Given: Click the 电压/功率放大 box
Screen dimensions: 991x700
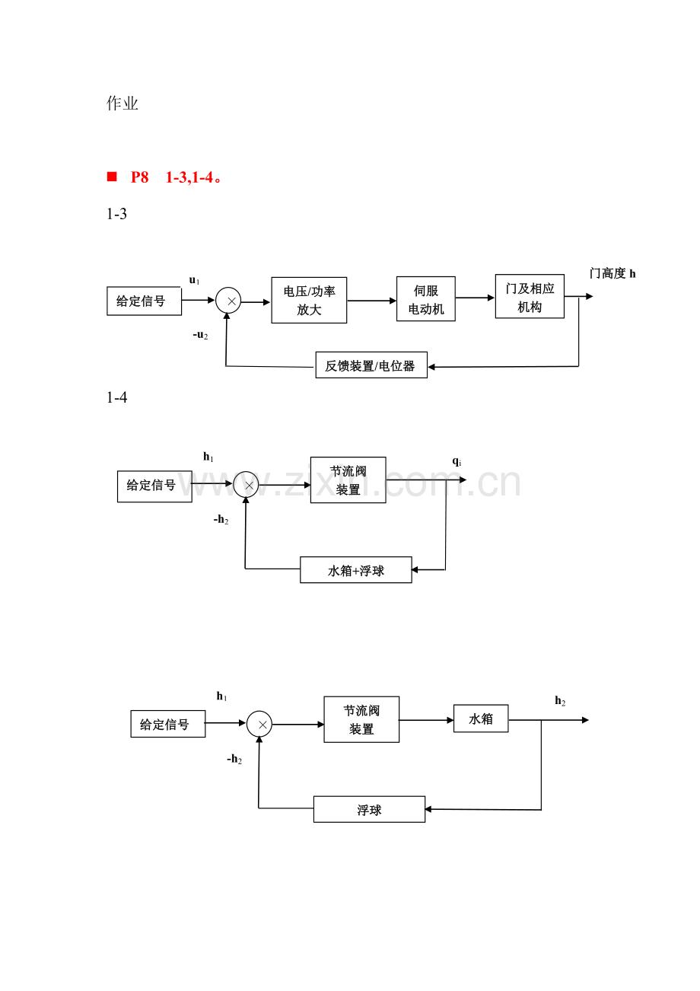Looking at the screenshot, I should pyautogui.click(x=309, y=300).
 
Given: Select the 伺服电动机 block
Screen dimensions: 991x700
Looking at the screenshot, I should pyautogui.click(x=425, y=298).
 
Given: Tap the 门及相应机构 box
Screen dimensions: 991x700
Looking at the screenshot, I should pyautogui.click(x=530, y=296).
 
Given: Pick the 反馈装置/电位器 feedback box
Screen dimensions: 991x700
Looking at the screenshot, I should pyautogui.click(x=371, y=365).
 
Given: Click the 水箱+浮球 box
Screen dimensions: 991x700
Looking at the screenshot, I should pyautogui.click(x=355, y=570).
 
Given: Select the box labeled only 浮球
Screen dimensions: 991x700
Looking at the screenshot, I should pyautogui.click(x=369, y=809).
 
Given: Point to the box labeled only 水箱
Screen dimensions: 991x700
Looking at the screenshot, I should pyautogui.click(x=481, y=718).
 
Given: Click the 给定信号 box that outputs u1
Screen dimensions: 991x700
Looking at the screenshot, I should pyautogui.click(x=144, y=301).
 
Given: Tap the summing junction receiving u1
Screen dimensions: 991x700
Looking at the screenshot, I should pyautogui.click(x=228, y=301).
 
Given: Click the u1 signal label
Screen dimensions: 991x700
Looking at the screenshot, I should pyautogui.click(x=194, y=281).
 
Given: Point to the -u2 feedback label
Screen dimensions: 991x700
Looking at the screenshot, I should pyautogui.click(x=200, y=335).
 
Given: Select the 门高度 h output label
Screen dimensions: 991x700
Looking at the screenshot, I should pyautogui.click(x=612, y=273).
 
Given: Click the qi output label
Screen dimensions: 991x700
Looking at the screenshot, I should pyautogui.click(x=457, y=461).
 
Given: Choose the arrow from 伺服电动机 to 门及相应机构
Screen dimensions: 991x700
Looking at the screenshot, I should pyautogui.click(x=475, y=298).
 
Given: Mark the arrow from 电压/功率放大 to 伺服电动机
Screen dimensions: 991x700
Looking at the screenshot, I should pyautogui.click(x=371, y=301).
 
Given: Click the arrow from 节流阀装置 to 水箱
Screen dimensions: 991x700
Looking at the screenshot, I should pyautogui.click(x=426, y=719).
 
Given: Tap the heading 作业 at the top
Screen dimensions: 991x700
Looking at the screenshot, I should pyautogui.click(x=123, y=104).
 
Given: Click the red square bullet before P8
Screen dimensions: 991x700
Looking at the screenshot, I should pyautogui.click(x=112, y=177).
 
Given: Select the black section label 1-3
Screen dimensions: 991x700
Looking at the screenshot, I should pyautogui.click(x=116, y=214).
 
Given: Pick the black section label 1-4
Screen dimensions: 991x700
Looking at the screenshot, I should pyautogui.click(x=116, y=397).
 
